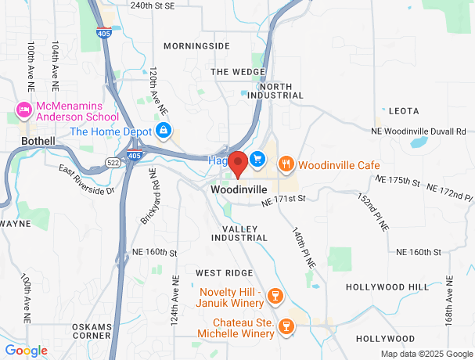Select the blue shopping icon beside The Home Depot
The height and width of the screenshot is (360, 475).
pyautogui.click(x=164, y=130)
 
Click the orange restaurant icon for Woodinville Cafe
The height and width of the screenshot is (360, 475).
pyautogui.click(x=286, y=164)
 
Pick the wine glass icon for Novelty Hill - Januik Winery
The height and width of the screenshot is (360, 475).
pyautogui.click(x=274, y=296)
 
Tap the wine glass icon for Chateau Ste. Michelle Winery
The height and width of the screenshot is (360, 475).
pyautogui.click(x=286, y=326)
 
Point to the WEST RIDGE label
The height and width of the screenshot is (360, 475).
pyautogui.click(x=224, y=272)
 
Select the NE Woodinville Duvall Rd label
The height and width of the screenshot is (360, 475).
pyautogui.click(x=419, y=131)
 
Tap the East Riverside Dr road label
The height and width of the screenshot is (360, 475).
pyautogui.click(x=86, y=180)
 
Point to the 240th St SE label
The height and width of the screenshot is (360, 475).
pyautogui.click(x=152, y=5)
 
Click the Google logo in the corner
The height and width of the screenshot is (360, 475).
pyautogui.click(x=26, y=351)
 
